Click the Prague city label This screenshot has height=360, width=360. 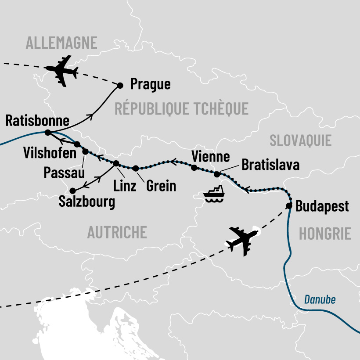[x=151, y=84]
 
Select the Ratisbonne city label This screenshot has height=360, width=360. [x=38, y=120]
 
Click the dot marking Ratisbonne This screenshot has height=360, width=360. [x=48, y=132]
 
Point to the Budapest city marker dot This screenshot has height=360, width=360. [x=289, y=206]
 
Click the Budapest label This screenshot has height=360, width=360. [x=322, y=206]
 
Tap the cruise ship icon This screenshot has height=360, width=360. [x=214, y=194]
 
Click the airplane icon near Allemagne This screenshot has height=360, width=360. [x=62, y=70]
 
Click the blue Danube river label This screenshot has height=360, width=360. [x=320, y=300]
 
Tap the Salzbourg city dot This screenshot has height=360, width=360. [x=72, y=191]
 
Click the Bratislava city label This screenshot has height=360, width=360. [x=270, y=166]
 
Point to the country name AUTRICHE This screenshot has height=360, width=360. [x=117, y=232]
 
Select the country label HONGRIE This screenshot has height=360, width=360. [x=325, y=234]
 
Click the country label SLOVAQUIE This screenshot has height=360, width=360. [x=300, y=140]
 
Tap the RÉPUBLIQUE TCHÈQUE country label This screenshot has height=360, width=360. [x=181, y=108]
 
